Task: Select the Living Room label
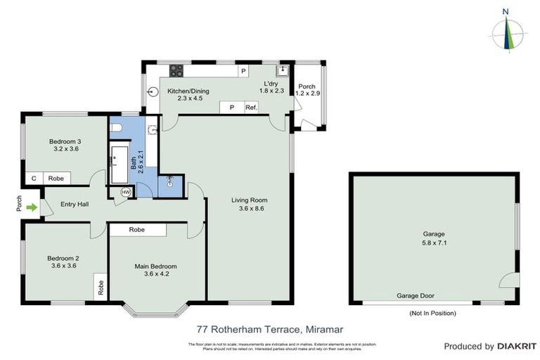pos(249,200)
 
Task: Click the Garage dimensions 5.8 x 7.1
pos(434,244)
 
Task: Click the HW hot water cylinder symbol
pos(126,191)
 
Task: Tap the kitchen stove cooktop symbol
pos(176,71)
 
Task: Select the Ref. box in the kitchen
pos(251,108)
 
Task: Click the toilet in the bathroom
pos(117,126)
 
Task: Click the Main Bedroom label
pos(155,266)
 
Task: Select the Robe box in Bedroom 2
pos(101,287)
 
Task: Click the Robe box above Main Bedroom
pos(137,230)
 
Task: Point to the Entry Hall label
pos(75,205)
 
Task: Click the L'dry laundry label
pos(271,82)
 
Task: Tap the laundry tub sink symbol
pos(283,71)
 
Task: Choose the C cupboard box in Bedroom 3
pos(33,179)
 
